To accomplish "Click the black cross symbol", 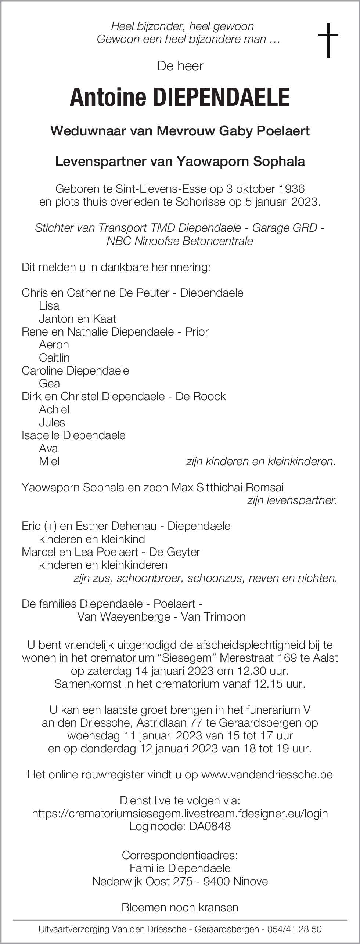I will [x=328, y=40].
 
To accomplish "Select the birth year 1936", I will [x=291, y=189].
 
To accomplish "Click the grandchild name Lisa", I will [x=49, y=305].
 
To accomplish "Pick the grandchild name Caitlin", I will [x=54, y=357].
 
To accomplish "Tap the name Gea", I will [x=49, y=383].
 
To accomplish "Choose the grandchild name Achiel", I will [x=54, y=409].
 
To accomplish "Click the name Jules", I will [x=52, y=422].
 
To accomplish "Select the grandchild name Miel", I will [x=49, y=461].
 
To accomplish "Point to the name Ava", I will [x=48, y=448].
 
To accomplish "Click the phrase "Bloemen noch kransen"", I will [x=180, y=907].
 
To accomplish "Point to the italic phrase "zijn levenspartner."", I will [x=292, y=500].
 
